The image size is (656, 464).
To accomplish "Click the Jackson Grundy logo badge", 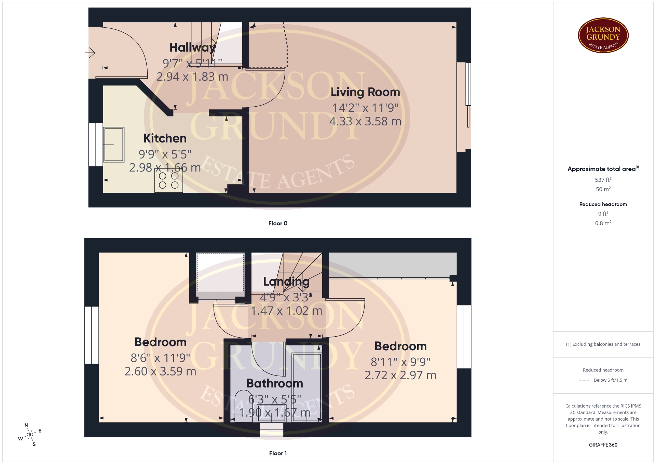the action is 603,35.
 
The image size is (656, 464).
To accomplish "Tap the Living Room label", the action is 365,92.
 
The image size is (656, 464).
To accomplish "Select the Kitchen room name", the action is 165,138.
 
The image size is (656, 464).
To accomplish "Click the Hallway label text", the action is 193,47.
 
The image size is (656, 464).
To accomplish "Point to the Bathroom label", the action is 275,383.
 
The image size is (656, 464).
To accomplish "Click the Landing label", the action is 286,282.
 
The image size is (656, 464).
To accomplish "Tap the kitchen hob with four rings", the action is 169,180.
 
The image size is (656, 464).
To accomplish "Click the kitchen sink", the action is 113,145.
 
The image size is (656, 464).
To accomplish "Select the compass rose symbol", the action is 30,435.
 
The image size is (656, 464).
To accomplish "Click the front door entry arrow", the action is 90,53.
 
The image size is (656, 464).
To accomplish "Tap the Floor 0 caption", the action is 278,223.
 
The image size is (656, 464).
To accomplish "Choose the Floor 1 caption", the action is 278,453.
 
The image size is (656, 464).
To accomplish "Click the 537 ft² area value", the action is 603,179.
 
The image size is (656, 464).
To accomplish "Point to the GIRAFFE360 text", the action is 603,445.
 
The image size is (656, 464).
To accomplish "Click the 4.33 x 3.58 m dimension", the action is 365,121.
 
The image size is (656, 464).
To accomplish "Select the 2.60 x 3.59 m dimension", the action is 160,371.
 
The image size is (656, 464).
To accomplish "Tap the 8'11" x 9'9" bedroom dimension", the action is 400,361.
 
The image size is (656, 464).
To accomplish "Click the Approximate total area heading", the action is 603,169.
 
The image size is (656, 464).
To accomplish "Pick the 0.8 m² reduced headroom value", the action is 603,223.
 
